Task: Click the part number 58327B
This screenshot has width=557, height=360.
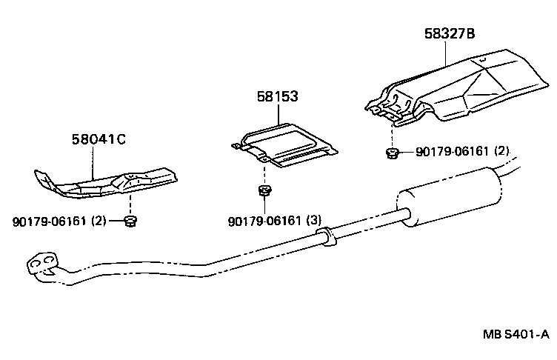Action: (x=450, y=33)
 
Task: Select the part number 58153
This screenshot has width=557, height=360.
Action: (x=278, y=96)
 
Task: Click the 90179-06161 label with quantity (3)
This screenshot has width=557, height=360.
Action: (x=275, y=220)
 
